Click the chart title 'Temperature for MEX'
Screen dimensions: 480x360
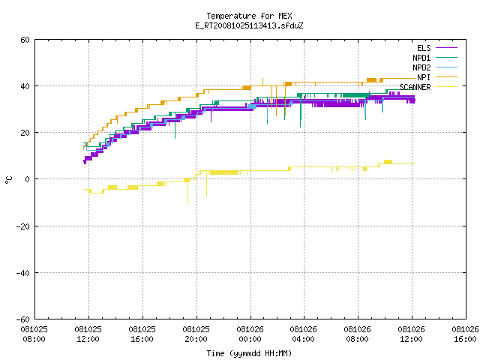click(x=249, y=16)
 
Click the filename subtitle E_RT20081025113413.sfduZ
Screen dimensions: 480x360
click(x=249, y=25)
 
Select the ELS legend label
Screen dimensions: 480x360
click(x=424, y=48)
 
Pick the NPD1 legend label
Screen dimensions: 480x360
click(x=421, y=58)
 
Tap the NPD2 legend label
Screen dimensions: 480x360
click(x=421, y=67)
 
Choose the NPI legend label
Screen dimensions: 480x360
click(x=424, y=77)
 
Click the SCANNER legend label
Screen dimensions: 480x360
click(x=415, y=87)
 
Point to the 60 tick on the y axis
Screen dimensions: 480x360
click(x=25, y=40)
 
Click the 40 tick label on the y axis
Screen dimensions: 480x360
click(x=25, y=86)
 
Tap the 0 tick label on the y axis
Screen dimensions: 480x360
click(x=27, y=179)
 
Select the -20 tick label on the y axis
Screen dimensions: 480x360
click(x=23, y=226)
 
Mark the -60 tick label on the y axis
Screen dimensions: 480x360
click(x=23, y=319)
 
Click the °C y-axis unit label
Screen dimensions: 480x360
click(x=8, y=180)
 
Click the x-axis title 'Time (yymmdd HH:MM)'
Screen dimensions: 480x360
click(x=249, y=353)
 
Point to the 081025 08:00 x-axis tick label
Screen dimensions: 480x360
click(x=34, y=334)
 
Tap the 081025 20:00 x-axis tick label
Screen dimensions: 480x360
click(x=196, y=334)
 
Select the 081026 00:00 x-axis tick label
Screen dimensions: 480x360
click(x=250, y=334)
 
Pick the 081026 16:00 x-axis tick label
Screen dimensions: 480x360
click(x=465, y=334)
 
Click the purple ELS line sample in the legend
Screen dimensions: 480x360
click(x=446, y=48)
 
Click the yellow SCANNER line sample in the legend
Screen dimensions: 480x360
click(x=446, y=87)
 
